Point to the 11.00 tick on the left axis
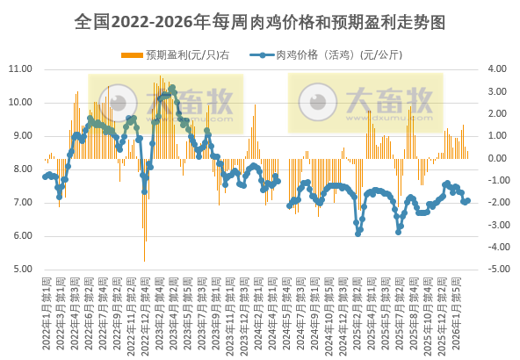[20, 68]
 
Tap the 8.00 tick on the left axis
[20, 169]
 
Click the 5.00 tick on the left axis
[20, 270]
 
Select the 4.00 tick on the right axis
[496, 68]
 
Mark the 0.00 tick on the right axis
[496, 158]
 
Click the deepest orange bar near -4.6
[144, 261]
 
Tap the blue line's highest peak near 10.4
[172, 88]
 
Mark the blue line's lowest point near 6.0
[357, 234]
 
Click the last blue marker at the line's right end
[468, 200]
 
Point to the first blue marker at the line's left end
[45, 177]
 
